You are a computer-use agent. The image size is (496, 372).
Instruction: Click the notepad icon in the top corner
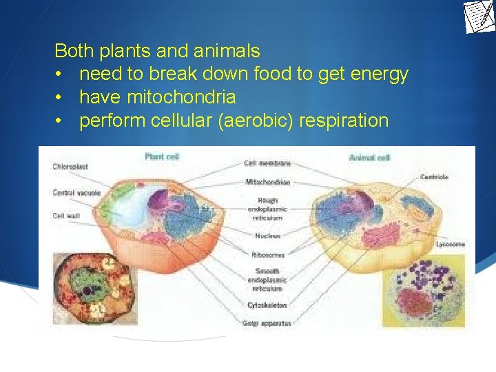point(479,17)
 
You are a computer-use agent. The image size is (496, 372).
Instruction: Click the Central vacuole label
point(76,193)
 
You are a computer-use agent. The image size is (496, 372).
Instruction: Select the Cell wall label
point(68,216)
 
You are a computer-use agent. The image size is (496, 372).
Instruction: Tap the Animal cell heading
point(370,158)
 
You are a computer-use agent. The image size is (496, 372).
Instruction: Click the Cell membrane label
point(268,163)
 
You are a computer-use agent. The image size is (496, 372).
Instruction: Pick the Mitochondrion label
point(268,182)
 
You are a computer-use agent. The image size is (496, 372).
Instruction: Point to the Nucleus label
point(267,236)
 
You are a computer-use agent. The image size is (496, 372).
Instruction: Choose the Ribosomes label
point(267,254)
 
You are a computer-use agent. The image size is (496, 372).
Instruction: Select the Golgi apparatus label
point(268,322)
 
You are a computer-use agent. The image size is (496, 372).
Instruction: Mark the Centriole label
point(434,177)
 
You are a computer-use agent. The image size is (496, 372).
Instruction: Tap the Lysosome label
point(451,244)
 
